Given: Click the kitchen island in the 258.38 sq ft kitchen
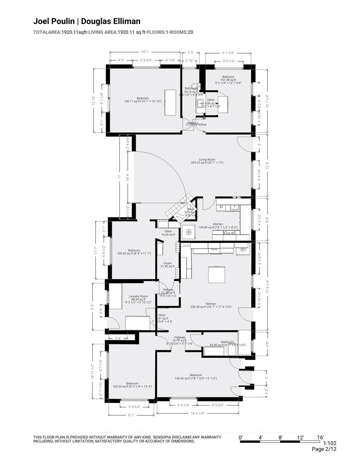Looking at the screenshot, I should [216, 275].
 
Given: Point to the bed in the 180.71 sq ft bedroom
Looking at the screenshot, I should [171, 102].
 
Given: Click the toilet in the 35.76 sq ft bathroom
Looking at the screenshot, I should [194, 86].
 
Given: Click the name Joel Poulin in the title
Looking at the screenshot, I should [54, 21].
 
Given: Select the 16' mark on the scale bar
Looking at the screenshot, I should [320, 437].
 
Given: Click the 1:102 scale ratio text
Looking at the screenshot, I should [330, 443].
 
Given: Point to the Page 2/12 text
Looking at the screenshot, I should [324, 449].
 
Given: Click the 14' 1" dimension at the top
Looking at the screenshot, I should [145, 52].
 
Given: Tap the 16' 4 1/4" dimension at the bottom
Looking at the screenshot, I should [198, 413].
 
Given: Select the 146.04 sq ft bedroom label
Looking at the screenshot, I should [196, 377].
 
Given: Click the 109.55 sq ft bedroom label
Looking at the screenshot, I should [132, 385].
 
